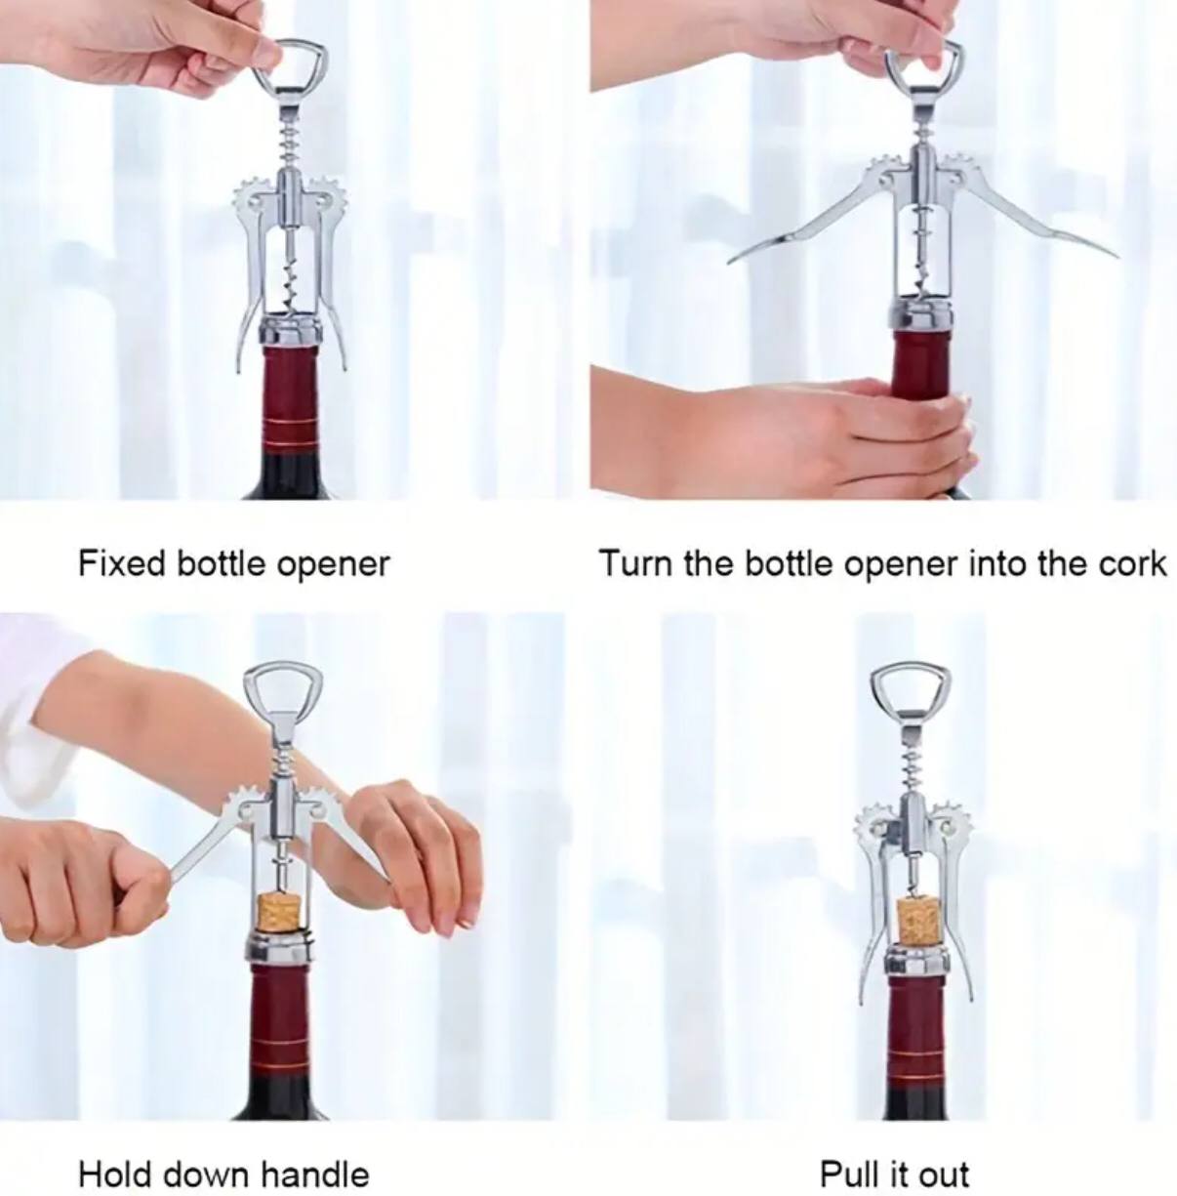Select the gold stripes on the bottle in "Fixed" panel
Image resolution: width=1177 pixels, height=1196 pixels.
tap(289, 430)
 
